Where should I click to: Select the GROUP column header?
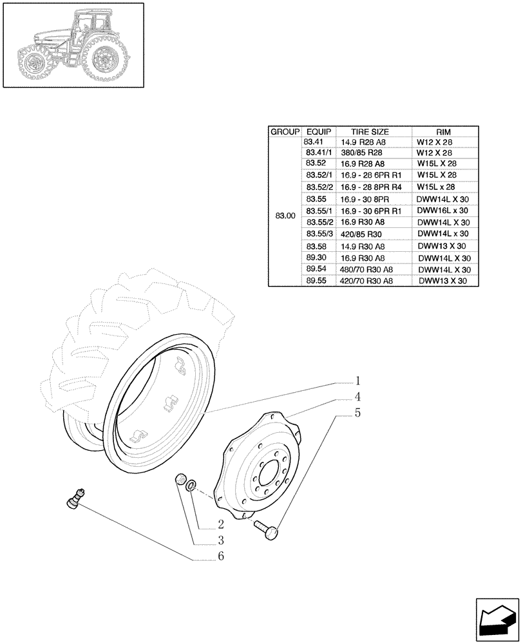[x=283, y=131]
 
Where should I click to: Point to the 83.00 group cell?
[x=284, y=216]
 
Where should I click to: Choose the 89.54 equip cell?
[x=316, y=269]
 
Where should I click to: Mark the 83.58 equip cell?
[x=316, y=246]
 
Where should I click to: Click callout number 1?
[x=357, y=381]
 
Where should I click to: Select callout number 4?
[x=357, y=397]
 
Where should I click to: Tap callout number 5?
[x=357, y=413]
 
